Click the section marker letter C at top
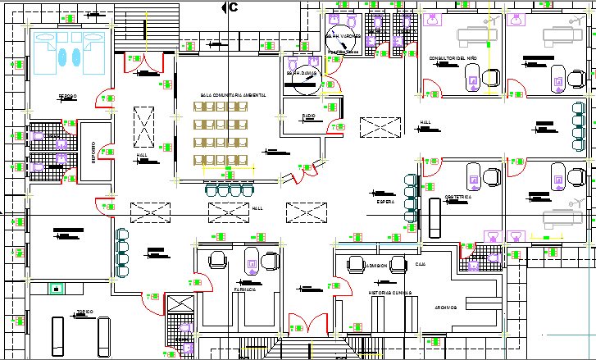click(233, 7)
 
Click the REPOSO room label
click(67, 96)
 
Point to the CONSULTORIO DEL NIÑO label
click(453, 58)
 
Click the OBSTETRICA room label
click(457, 197)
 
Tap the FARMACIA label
click(245, 289)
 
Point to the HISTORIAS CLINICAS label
click(389, 293)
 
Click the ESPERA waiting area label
click(386, 201)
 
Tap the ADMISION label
click(377, 266)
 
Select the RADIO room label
click(308, 116)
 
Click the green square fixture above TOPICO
click(57, 288)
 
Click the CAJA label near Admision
click(421, 265)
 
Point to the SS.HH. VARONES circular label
click(343, 37)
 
